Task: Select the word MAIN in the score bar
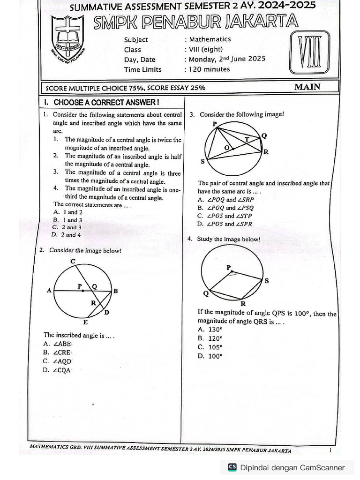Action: point(307,87)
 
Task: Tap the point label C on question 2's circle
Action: point(73,261)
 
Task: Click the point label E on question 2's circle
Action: point(85,322)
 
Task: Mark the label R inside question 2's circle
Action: point(93,303)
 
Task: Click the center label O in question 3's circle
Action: point(226,148)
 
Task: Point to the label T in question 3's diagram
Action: point(247,139)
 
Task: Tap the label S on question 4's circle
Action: point(266,281)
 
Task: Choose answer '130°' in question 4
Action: point(215,330)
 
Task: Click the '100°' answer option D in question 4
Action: point(215,356)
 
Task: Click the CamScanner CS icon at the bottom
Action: point(232,467)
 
